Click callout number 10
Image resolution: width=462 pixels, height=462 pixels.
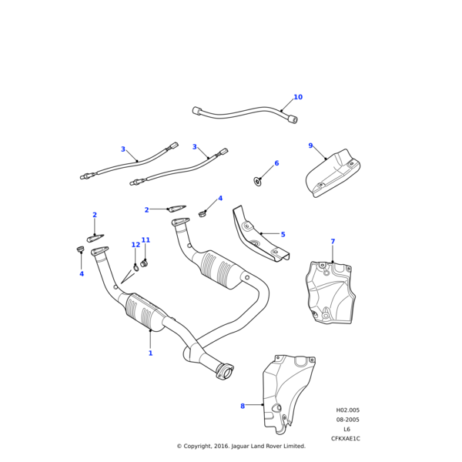coord(298,97)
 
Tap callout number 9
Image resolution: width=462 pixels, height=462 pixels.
coord(310,146)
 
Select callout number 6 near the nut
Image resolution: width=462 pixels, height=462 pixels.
coord(276,163)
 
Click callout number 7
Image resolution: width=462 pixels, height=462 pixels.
coord(333,242)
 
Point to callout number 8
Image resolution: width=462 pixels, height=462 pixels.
coord(242,406)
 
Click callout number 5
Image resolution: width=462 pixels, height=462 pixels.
coord(283,234)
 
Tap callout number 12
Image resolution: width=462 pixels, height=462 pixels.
coord(136,245)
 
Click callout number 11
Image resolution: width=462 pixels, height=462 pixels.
coord(146,240)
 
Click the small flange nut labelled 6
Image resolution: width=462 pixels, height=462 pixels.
coord(257,182)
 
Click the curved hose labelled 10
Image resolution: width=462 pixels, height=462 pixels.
coord(243,114)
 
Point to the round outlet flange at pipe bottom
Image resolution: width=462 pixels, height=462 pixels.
coord(225,373)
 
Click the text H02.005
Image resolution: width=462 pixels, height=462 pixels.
coord(347,410)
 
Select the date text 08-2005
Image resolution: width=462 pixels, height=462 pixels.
coord(347,420)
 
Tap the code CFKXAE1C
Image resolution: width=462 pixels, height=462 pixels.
coord(346,439)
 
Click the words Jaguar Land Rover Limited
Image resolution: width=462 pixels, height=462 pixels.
coord(267,446)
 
